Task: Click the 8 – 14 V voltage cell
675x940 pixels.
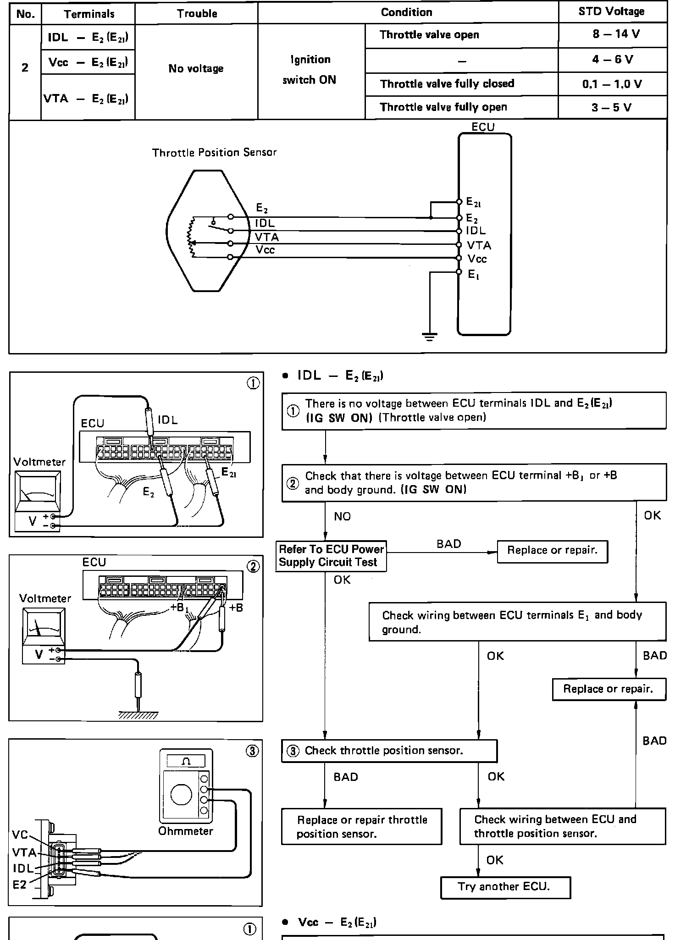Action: [x=613, y=35]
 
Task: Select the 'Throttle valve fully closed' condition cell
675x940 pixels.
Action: [x=462, y=84]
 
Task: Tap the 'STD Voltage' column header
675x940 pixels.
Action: [x=613, y=12]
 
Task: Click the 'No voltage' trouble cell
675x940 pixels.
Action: [x=196, y=69]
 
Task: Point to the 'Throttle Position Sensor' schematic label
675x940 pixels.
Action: [x=214, y=153]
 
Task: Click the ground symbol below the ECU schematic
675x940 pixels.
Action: [x=430, y=337]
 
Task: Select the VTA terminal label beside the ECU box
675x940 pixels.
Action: [x=479, y=246]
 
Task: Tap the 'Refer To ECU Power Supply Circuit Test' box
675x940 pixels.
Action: [x=331, y=556]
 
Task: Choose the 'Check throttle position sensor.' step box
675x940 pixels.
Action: [x=389, y=751]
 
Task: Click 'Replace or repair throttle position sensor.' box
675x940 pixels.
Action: [x=362, y=826]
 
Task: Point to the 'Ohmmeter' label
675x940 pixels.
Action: [x=186, y=831]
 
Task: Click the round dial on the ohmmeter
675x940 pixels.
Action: [x=182, y=795]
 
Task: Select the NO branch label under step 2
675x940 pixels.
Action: [x=343, y=517]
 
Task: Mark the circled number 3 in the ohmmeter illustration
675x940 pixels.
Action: [x=253, y=751]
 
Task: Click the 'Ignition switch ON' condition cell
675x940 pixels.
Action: [x=310, y=70]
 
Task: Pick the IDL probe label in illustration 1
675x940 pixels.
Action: [x=168, y=420]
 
